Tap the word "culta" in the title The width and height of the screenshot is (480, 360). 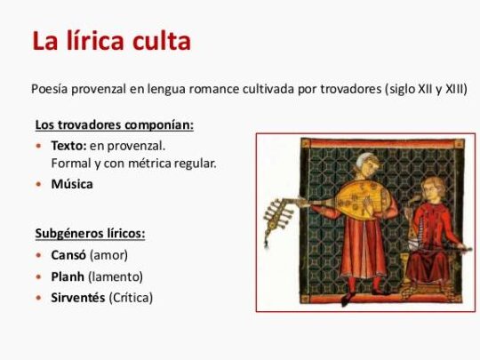pyautogui.click(x=164, y=41)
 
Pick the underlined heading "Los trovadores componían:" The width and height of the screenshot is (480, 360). pyautogui.click(x=114, y=124)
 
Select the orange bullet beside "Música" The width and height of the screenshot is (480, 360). pyautogui.click(x=39, y=184)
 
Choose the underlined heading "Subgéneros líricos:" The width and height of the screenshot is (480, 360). pyautogui.click(x=90, y=234)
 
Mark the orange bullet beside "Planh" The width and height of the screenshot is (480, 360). pyautogui.click(x=39, y=276)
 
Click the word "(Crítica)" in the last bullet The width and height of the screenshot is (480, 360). pyautogui.click(x=131, y=297)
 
